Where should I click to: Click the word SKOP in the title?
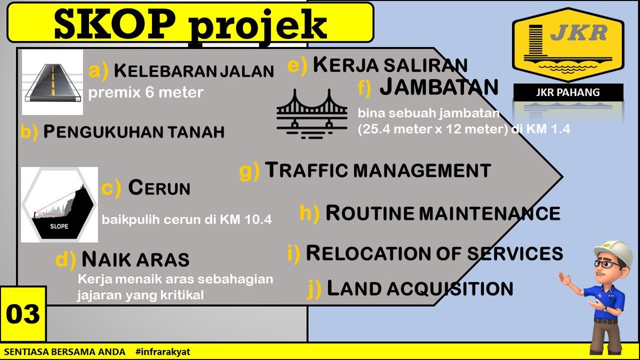point(114,25)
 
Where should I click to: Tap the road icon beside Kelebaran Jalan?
point(53,82)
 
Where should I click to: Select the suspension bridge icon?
point(312,114)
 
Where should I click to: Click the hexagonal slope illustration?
point(59,205)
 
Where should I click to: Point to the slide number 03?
point(23,314)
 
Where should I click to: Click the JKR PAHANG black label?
point(568,92)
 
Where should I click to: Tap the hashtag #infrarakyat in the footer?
point(163,351)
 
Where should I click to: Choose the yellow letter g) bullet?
point(250,171)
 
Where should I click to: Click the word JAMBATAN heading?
point(439,86)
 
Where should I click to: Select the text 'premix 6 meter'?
point(146,93)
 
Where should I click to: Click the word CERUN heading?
point(159,187)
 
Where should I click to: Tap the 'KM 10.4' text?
point(246,220)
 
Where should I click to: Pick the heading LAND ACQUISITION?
point(420,288)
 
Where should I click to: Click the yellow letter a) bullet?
point(98,70)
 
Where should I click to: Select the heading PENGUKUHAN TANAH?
point(134,132)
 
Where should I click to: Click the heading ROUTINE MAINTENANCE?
point(443,213)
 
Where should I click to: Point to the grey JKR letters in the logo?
point(579,33)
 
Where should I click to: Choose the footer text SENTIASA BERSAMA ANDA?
point(65,351)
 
